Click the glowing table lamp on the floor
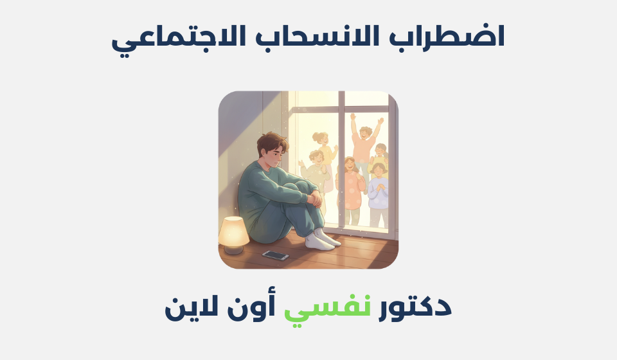tap(233, 233)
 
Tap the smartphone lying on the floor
tap(275, 255)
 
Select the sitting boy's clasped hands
tap(314, 199)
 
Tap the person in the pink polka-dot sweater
tap(351, 186)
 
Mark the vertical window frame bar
tap(341, 161)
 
